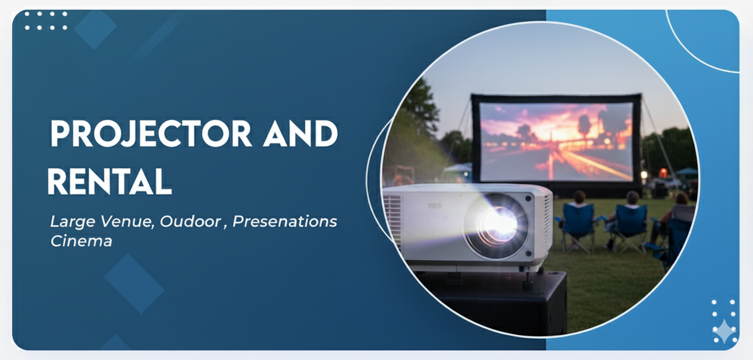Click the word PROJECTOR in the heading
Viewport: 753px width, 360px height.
point(151,133)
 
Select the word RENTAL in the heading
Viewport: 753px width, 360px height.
point(109,182)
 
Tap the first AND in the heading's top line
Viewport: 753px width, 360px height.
point(300,133)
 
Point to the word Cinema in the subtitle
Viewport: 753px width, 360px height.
point(81,241)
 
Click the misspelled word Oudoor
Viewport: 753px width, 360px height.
point(190,221)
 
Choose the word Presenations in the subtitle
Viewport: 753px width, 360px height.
point(285,221)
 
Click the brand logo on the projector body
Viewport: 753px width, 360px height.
point(435,205)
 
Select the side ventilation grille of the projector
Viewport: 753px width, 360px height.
point(393,218)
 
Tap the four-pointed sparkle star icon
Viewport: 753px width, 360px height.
point(724,331)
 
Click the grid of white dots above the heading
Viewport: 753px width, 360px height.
point(46,21)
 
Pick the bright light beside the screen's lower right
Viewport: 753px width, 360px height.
point(644,174)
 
